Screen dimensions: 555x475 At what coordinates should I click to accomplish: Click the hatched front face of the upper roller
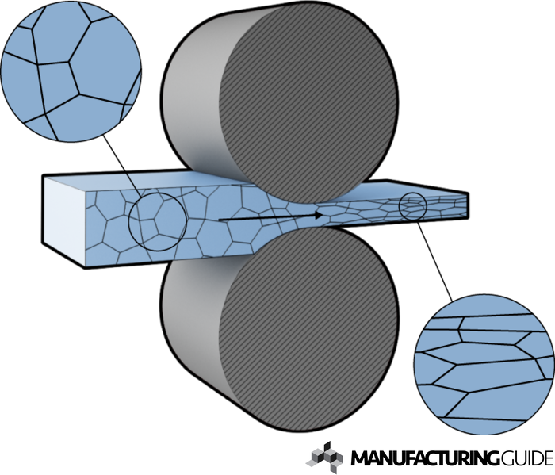(308, 102)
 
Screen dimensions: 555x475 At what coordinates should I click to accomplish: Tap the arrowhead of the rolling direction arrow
(319, 215)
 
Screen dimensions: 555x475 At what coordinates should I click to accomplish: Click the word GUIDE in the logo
(526, 458)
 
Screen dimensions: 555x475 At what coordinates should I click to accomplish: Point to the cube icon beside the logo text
(324, 457)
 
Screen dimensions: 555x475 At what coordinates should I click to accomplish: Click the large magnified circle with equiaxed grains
(71, 71)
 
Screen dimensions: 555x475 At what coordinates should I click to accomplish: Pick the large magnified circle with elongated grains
(484, 364)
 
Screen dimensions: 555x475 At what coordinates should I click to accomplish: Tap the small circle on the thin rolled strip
(413, 206)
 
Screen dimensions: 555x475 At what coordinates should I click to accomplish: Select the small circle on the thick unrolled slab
(158, 222)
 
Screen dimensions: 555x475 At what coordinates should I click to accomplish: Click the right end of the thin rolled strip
(469, 205)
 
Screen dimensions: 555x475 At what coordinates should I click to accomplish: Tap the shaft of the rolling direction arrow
(266, 218)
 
